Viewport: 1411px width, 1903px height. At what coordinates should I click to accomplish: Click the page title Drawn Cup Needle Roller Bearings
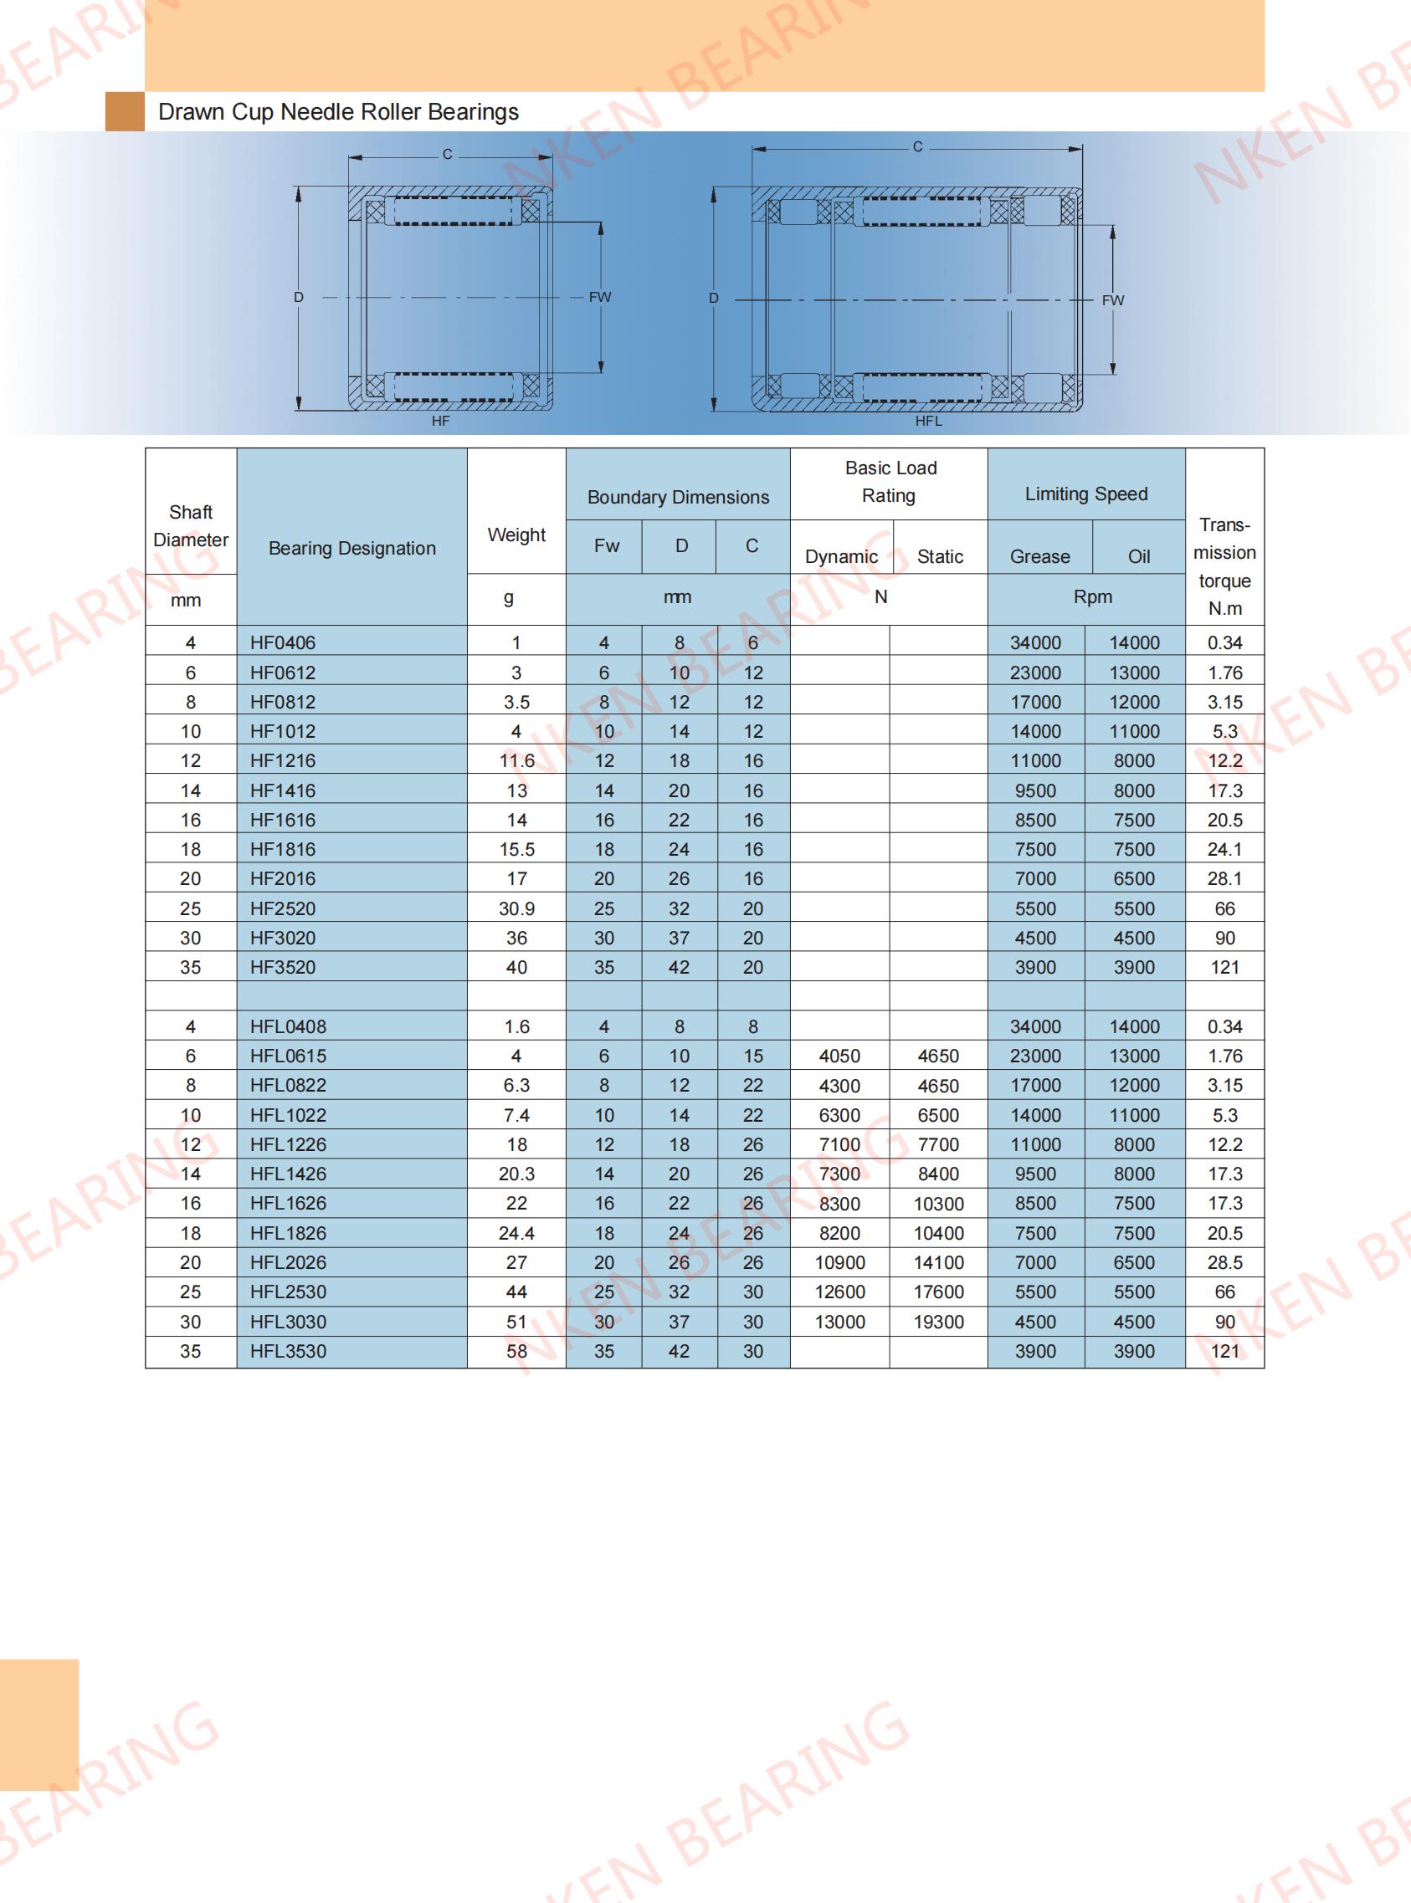(338, 112)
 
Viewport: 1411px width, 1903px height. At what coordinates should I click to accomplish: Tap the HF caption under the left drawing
(440, 421)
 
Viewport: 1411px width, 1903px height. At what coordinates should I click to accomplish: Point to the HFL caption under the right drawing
(928, 421)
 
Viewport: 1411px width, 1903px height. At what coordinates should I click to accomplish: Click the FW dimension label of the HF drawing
(599, 297)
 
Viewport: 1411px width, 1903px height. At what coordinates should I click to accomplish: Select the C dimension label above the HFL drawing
(917, 147)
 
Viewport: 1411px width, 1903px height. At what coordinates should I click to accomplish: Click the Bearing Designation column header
(351, 548)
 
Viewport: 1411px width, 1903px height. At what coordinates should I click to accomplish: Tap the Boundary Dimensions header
(678, 497)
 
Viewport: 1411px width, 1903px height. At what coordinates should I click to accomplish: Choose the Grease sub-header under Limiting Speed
(1039, 556)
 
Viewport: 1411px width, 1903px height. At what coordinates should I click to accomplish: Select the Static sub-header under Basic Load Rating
(940, 556)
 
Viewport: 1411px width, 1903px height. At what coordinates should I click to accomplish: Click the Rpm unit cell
(1092, 596)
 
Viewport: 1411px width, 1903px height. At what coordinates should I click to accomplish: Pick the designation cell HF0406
(283, 643)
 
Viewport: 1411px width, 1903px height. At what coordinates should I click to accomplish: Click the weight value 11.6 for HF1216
(516, 760)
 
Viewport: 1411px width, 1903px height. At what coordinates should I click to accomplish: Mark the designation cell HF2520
(283, 908)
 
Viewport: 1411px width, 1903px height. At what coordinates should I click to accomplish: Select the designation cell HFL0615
(288, 1056)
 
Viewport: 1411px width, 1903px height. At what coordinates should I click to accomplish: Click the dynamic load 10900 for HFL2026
(839, 1263)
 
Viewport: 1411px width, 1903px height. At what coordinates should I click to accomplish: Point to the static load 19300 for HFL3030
(939, 1322)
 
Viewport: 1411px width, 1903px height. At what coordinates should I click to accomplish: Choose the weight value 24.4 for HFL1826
(516, 1233)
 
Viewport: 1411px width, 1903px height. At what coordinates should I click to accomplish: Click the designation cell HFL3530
(288, 1352)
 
